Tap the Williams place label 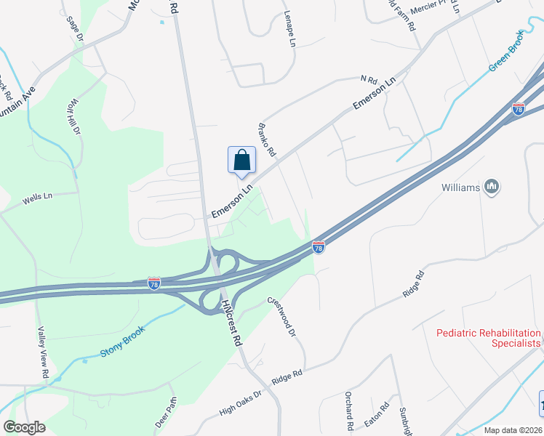tap(460, 187)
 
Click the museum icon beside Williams tap(492, 187)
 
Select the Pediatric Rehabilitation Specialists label tap(488, 338)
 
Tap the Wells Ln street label tap(38, 196)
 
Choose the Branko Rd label tap(267, 140)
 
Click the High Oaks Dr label tap(239, 405)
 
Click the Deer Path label tap(167, 412)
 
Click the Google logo tap(25, 427)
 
